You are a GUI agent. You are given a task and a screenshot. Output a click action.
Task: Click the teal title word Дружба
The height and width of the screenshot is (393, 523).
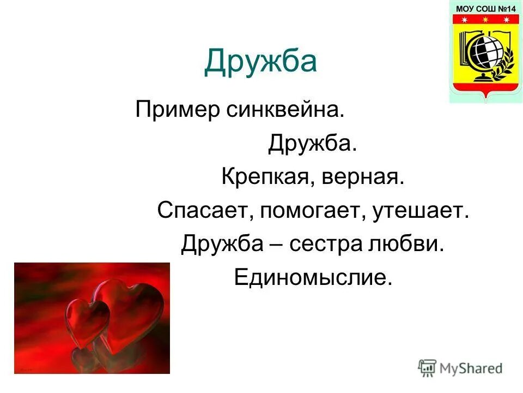point(260,62)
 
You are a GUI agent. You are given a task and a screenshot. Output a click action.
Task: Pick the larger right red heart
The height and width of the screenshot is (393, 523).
point(131,311)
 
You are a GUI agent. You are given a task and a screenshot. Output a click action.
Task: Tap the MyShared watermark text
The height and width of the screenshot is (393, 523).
point(470,368)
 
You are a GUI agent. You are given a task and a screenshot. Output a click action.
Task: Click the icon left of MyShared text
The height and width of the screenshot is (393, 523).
point(427,367)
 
